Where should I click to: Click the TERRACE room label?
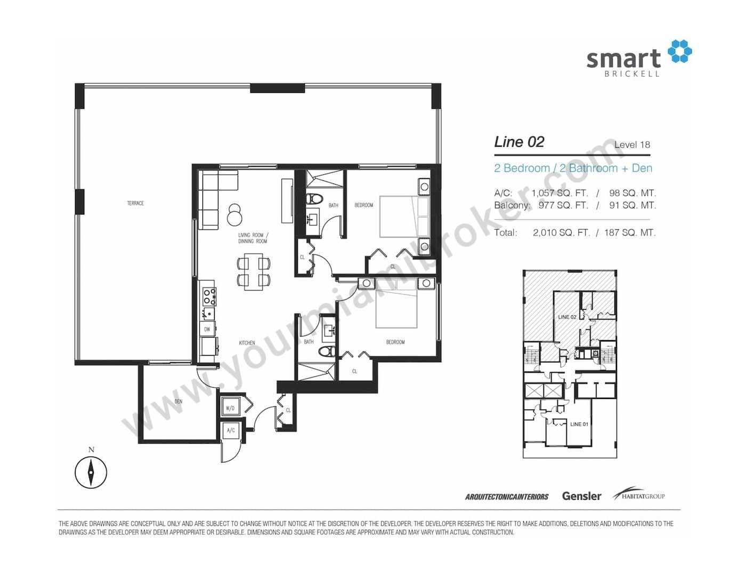pyautogui.click(x=135, y=203)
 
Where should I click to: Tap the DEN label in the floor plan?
pyautogui.click(x=178, y=402)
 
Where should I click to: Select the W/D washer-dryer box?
pyautogui.click(x=230, y=408)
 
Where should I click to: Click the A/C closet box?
pyautogui.click(x=231, y=430)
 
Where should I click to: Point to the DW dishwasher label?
pyautogui.click(x=207, y=329)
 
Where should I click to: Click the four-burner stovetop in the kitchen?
pyautogui.click(x=209, y=296)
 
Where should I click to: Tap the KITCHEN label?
pyautogui.click(x=247, y=342)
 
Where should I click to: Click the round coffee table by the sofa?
pyautogui.click(x=235, y=215)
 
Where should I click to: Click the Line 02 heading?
pyautogui.click(x=518, y=142)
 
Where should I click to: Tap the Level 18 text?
pyautogui.click(x=632, y=145)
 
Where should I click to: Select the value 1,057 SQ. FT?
pyautogui.click(x=559, y=193)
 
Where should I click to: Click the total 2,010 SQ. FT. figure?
pyautogui.click(x=561, y=233)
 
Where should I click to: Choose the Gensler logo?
pyautogui.click(x=581, y=496)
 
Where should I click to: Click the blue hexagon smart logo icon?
pyautogui.click(x=679, y=51)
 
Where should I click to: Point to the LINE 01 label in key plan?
pyautogui.click(x=579, y=424)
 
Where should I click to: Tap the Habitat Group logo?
pyautogui.click(x=638, y=494)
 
